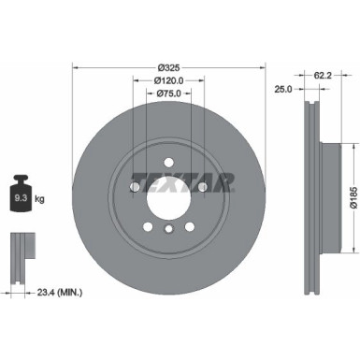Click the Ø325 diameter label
point(168,68)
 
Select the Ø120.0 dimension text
point(168,81)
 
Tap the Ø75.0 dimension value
point(168,94)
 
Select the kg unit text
point(39,199)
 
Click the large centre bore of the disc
point(168,197)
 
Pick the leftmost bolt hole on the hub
point(135,187)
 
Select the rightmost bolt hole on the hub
point(203,187)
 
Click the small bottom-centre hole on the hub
point(168,230)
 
